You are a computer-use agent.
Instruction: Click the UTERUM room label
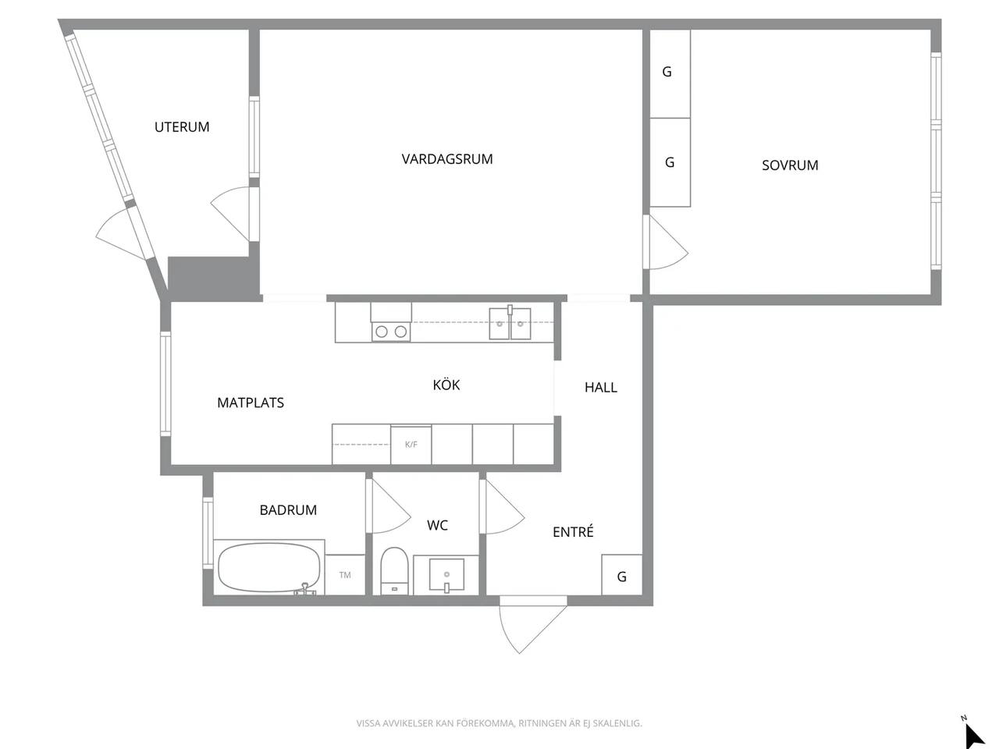point(182,127)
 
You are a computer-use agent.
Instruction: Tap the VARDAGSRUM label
point(447,159)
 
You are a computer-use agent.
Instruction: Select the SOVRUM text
point(790,165)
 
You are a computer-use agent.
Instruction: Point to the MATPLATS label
point(251,403)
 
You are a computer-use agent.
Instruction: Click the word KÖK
point(446,385)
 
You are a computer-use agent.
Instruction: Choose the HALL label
point(601,388)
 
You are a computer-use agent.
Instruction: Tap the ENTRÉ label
point(573,531)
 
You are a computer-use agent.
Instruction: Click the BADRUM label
point(288,510)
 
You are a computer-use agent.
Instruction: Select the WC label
point(437,525)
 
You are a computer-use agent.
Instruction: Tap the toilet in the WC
point(394,571)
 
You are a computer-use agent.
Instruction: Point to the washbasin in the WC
point(446,575)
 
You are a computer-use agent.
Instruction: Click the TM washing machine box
point(345,575)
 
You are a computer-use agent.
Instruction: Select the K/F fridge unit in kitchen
point(411,444)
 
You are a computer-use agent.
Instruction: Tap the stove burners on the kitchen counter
point(391,332)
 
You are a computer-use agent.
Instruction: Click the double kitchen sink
point(510,323)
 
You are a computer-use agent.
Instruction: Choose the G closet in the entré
point(622,575)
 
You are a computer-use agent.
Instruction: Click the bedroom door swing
point(666,242)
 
